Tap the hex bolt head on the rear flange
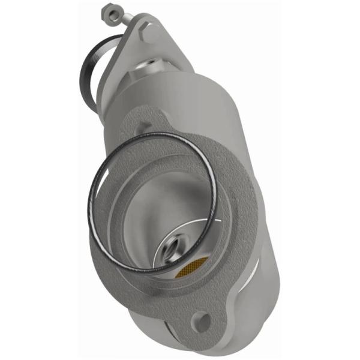(150, 31)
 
